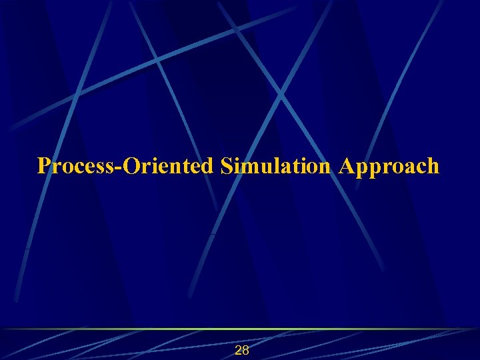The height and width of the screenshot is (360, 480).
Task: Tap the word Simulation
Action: click(x=275, y=165)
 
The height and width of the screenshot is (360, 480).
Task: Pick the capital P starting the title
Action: click(x=44, y=165)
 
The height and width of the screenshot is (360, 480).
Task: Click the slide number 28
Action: click(x=242, y=351)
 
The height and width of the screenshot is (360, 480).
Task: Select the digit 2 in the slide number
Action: click(x=238, y=351)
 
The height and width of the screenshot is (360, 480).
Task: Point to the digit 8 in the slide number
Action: click(x=246, y=351)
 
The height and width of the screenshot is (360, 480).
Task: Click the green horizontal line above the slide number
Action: click(x=240, y=329)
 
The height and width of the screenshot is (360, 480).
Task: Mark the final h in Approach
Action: click(x=433, y=165)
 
